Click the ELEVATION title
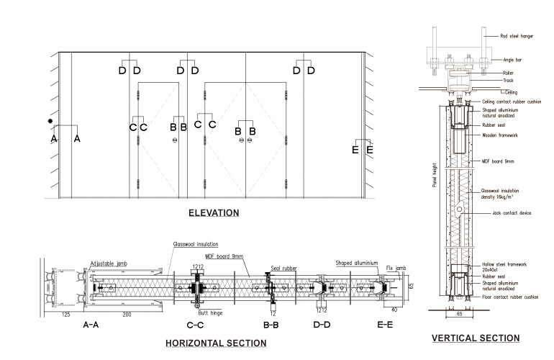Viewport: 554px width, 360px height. click(x=213, y=213)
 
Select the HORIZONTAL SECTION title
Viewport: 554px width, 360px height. click(x=216, y=343)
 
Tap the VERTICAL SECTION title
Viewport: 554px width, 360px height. click(x=475, y=338)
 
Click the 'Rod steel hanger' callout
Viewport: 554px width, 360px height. click(x=517, y=35)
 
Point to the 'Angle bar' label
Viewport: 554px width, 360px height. click(x=511, y=60)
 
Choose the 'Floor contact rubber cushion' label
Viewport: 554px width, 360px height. click(x=512, y=297)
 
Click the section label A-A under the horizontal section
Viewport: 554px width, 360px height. click(x=91, y=325)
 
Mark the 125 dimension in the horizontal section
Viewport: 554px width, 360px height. click(x=65, y=315)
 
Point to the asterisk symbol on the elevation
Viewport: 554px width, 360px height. click(x=50, y=122)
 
